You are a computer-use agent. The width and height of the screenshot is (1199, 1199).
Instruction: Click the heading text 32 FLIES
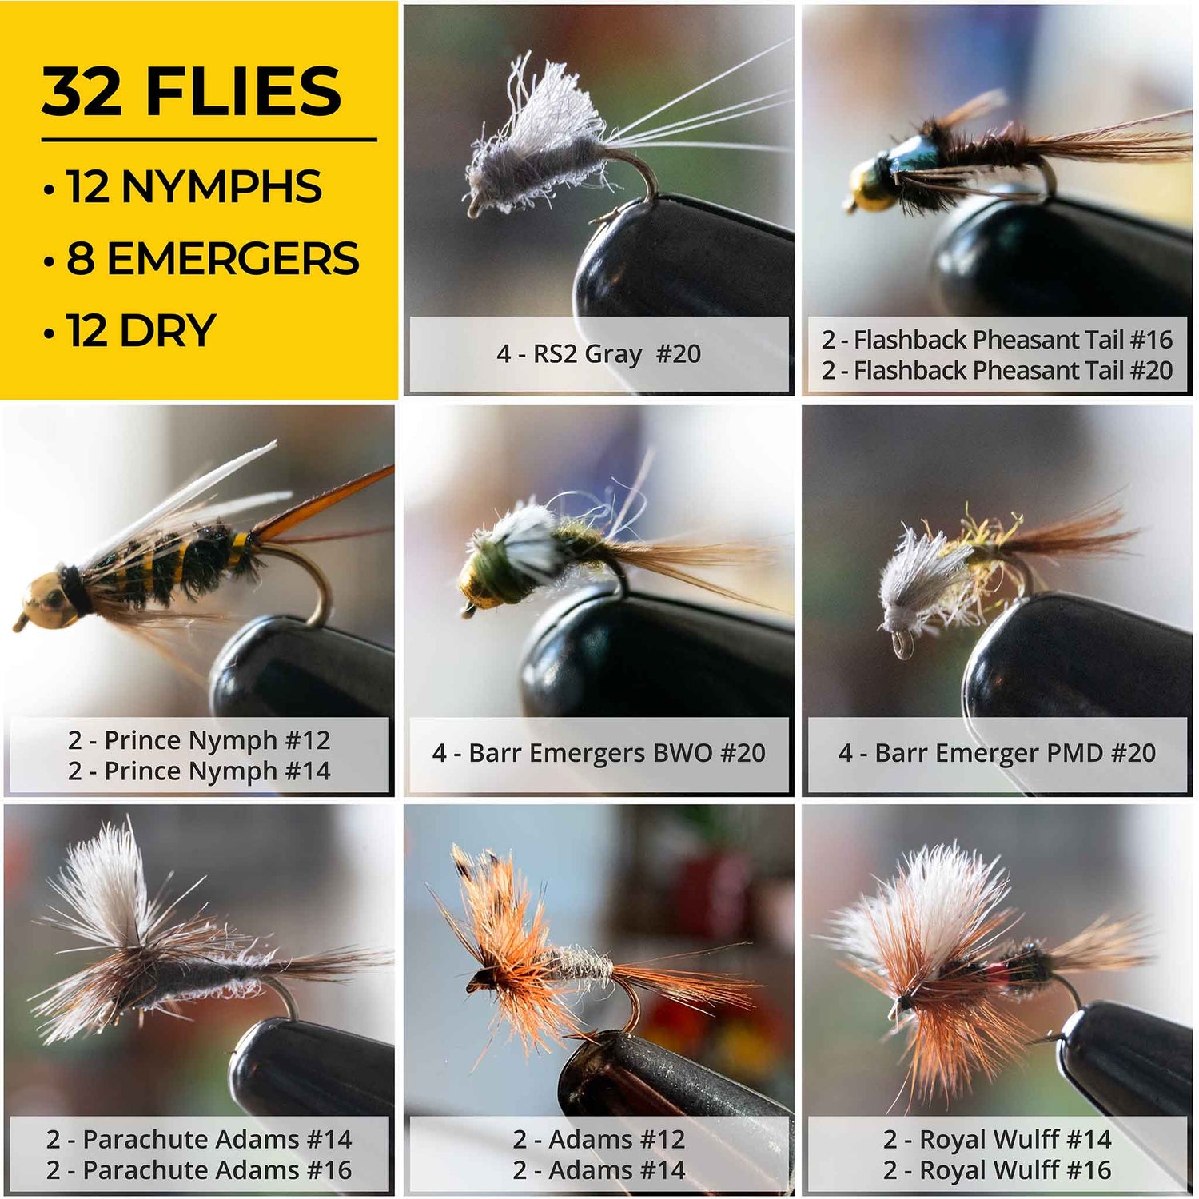tap(192, 91)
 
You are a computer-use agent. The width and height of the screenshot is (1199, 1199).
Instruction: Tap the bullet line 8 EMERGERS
tap(213, 259)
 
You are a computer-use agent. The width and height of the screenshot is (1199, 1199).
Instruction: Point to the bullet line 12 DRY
tap(141, 331)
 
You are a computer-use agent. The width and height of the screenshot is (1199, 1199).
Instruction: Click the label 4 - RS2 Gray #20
tap(599, 353)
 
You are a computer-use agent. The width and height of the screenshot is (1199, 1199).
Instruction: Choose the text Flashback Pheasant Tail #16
tap(1013, 340)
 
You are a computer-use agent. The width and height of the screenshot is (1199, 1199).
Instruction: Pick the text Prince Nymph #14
tap(217, 771)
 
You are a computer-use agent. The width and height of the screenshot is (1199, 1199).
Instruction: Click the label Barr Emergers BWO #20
tap(616, 753)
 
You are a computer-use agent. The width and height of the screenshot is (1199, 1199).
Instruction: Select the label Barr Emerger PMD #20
tap(1015, 753)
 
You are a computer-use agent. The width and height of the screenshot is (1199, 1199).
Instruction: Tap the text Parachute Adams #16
tap(217, 1170)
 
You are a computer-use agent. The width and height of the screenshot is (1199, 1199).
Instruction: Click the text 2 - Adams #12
tap(599, 1139)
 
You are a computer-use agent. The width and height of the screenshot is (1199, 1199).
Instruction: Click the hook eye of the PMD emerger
tap(901, 643)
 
